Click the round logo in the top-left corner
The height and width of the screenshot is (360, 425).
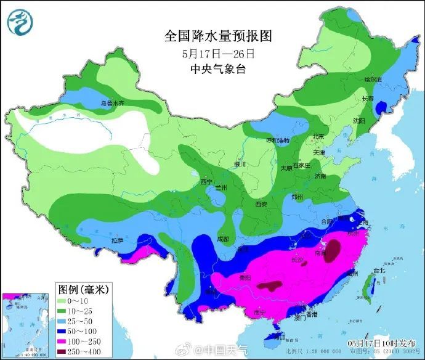pyautogui.click(x=20, y=22)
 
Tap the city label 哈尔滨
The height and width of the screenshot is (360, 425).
pyautogui.click(x=373, y=80)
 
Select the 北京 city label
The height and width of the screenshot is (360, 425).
pyautogui.click(x=318, y=137)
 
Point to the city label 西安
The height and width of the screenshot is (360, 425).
pyautogui.click(x=262, y=204)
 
